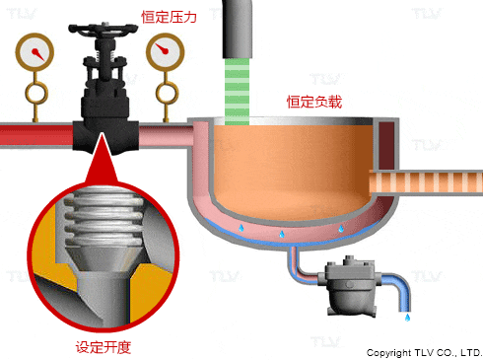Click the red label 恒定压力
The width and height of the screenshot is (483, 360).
[x=169, y=17]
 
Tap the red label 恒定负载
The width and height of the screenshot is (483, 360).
[x=314, y=102]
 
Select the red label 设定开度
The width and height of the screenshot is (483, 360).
[x=103, y=347]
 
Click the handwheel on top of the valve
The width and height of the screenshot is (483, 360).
[x=103, y=29]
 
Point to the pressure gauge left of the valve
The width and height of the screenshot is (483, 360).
[x=34, y=52]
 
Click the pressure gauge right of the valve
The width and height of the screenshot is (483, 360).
[x=166, y=52]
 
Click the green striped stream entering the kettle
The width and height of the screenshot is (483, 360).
[x=237, y=92]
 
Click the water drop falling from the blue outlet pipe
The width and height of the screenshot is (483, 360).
[x=407, y=318]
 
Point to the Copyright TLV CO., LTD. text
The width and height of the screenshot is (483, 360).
[x=424, y=353]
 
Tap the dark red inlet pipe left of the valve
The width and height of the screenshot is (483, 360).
[x=36, y=135]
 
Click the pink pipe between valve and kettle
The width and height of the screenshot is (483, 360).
[x=166, y=135]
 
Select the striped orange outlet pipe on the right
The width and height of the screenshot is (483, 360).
[x=426, y=182]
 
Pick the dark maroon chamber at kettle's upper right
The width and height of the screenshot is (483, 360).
[x=386, y=145]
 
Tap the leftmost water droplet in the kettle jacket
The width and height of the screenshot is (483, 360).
[x=241, y=228]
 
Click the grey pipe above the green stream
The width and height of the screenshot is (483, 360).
[x=238, y=29]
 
